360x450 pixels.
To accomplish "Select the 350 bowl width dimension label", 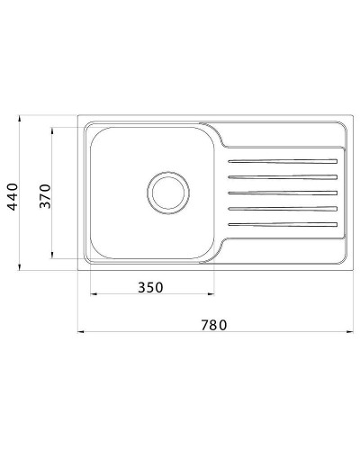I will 150,287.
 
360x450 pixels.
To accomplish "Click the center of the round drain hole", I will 166,192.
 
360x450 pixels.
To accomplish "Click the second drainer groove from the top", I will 283,177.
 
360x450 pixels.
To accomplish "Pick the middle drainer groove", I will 283,192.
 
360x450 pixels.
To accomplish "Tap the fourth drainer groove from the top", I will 283,207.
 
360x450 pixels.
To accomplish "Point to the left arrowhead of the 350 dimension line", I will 92,296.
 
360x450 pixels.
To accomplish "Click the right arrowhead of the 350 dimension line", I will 212,296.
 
